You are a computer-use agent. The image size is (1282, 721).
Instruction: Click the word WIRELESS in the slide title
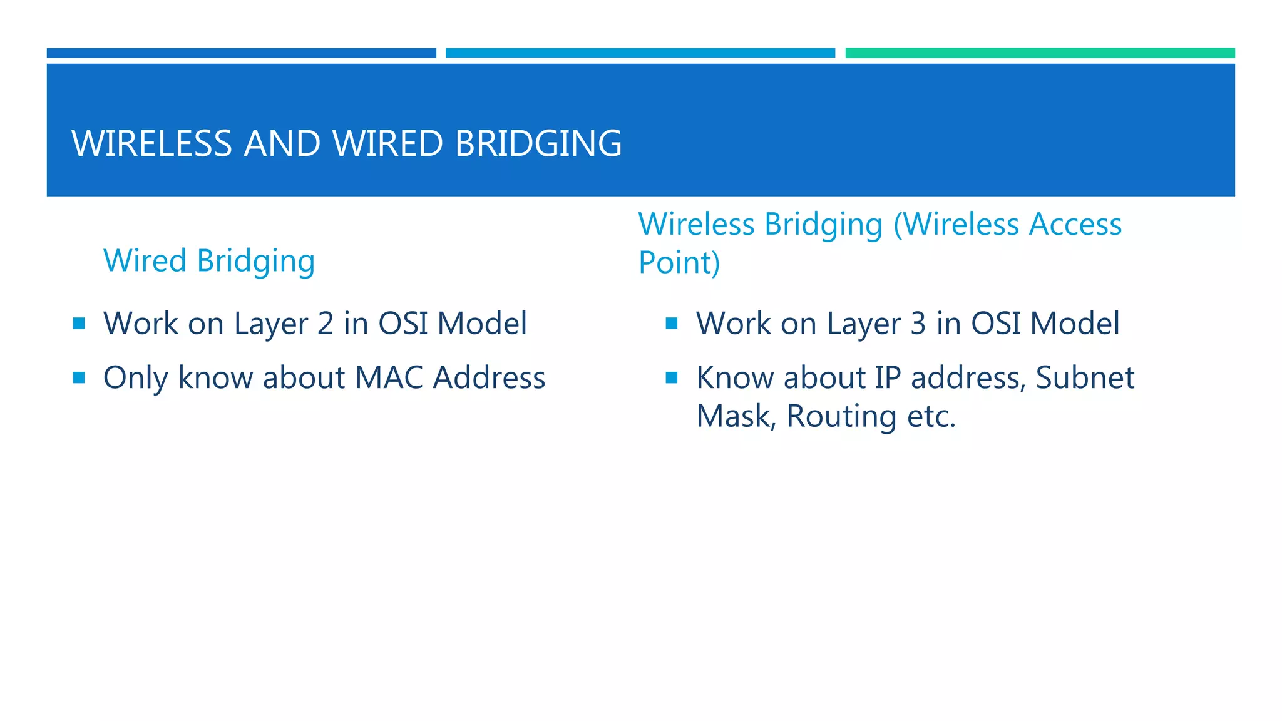click(x=152, y=143)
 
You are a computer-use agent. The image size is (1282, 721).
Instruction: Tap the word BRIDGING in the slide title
click(x=538, y=143)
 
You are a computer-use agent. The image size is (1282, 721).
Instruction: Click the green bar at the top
click(x=1040, y=53)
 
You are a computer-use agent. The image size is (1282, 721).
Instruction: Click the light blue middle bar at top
click(x=640, y=53)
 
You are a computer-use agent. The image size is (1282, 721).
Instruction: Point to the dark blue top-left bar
click(x=241, y=53)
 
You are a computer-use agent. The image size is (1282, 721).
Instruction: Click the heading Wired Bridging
click(x=209, y=260)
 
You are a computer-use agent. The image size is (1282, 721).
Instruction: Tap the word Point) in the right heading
click(x=679, y=262)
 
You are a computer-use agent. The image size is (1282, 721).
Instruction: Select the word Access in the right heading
click(x=1075, y=224)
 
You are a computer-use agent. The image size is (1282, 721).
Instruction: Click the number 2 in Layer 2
click(x=326, y=324)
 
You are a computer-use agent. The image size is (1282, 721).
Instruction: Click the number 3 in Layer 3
click(x=918, y=324)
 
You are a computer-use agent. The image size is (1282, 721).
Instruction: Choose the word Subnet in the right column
click(x=1085, y=378)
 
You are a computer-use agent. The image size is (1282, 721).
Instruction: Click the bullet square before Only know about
click(x=79, y=377)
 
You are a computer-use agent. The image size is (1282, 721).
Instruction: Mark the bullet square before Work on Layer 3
click(x=672, y=323)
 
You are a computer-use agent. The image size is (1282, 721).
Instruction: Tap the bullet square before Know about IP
click(x=672, y=377)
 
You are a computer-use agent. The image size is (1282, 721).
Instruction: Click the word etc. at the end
click(x=931, y=416)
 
